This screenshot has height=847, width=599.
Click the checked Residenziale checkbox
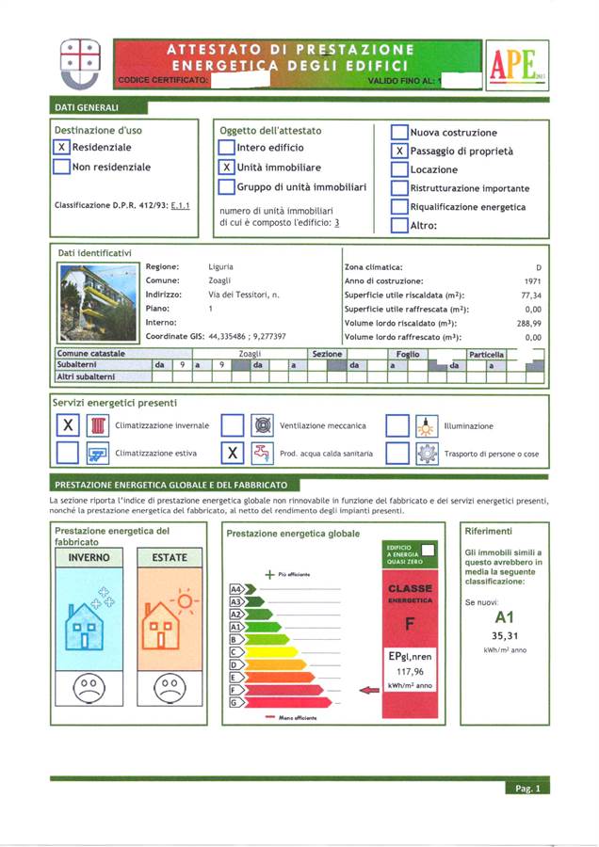[x=61, y=148]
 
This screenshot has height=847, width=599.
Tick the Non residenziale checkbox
[x=61, y=168]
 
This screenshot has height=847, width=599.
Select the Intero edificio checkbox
[x=226, y=148]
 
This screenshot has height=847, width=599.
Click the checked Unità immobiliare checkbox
[x=226, y=168]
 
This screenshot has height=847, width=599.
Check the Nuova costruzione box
[x=399, y=133]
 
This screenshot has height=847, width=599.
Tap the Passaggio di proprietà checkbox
[x=399, y=151]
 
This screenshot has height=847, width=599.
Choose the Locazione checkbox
[x=399, y=169]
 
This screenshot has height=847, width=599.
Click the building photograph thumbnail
[x=97, y=301]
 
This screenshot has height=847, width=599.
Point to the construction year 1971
[x=532, y=281]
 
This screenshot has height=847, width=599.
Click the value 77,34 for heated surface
[x=532, y=296]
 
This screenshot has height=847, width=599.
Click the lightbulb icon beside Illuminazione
[x=428, y=426]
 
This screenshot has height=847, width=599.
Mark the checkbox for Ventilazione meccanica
[x=233, y=426]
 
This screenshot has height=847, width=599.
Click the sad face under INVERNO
[x=89, y=684]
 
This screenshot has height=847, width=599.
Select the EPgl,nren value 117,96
[x=409, y=672]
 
